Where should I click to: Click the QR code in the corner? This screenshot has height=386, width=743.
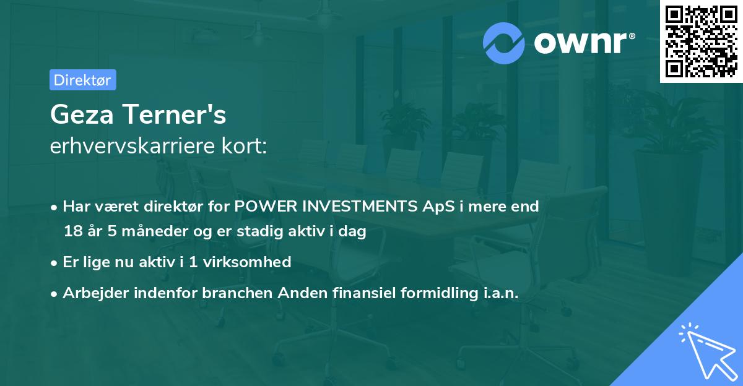point(702,41)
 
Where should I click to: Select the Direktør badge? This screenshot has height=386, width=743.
point(82,80)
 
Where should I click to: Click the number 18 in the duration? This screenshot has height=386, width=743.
point(72,232)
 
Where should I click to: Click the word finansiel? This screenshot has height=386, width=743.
point(358,293)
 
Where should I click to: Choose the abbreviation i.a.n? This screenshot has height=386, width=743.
point(497,293)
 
